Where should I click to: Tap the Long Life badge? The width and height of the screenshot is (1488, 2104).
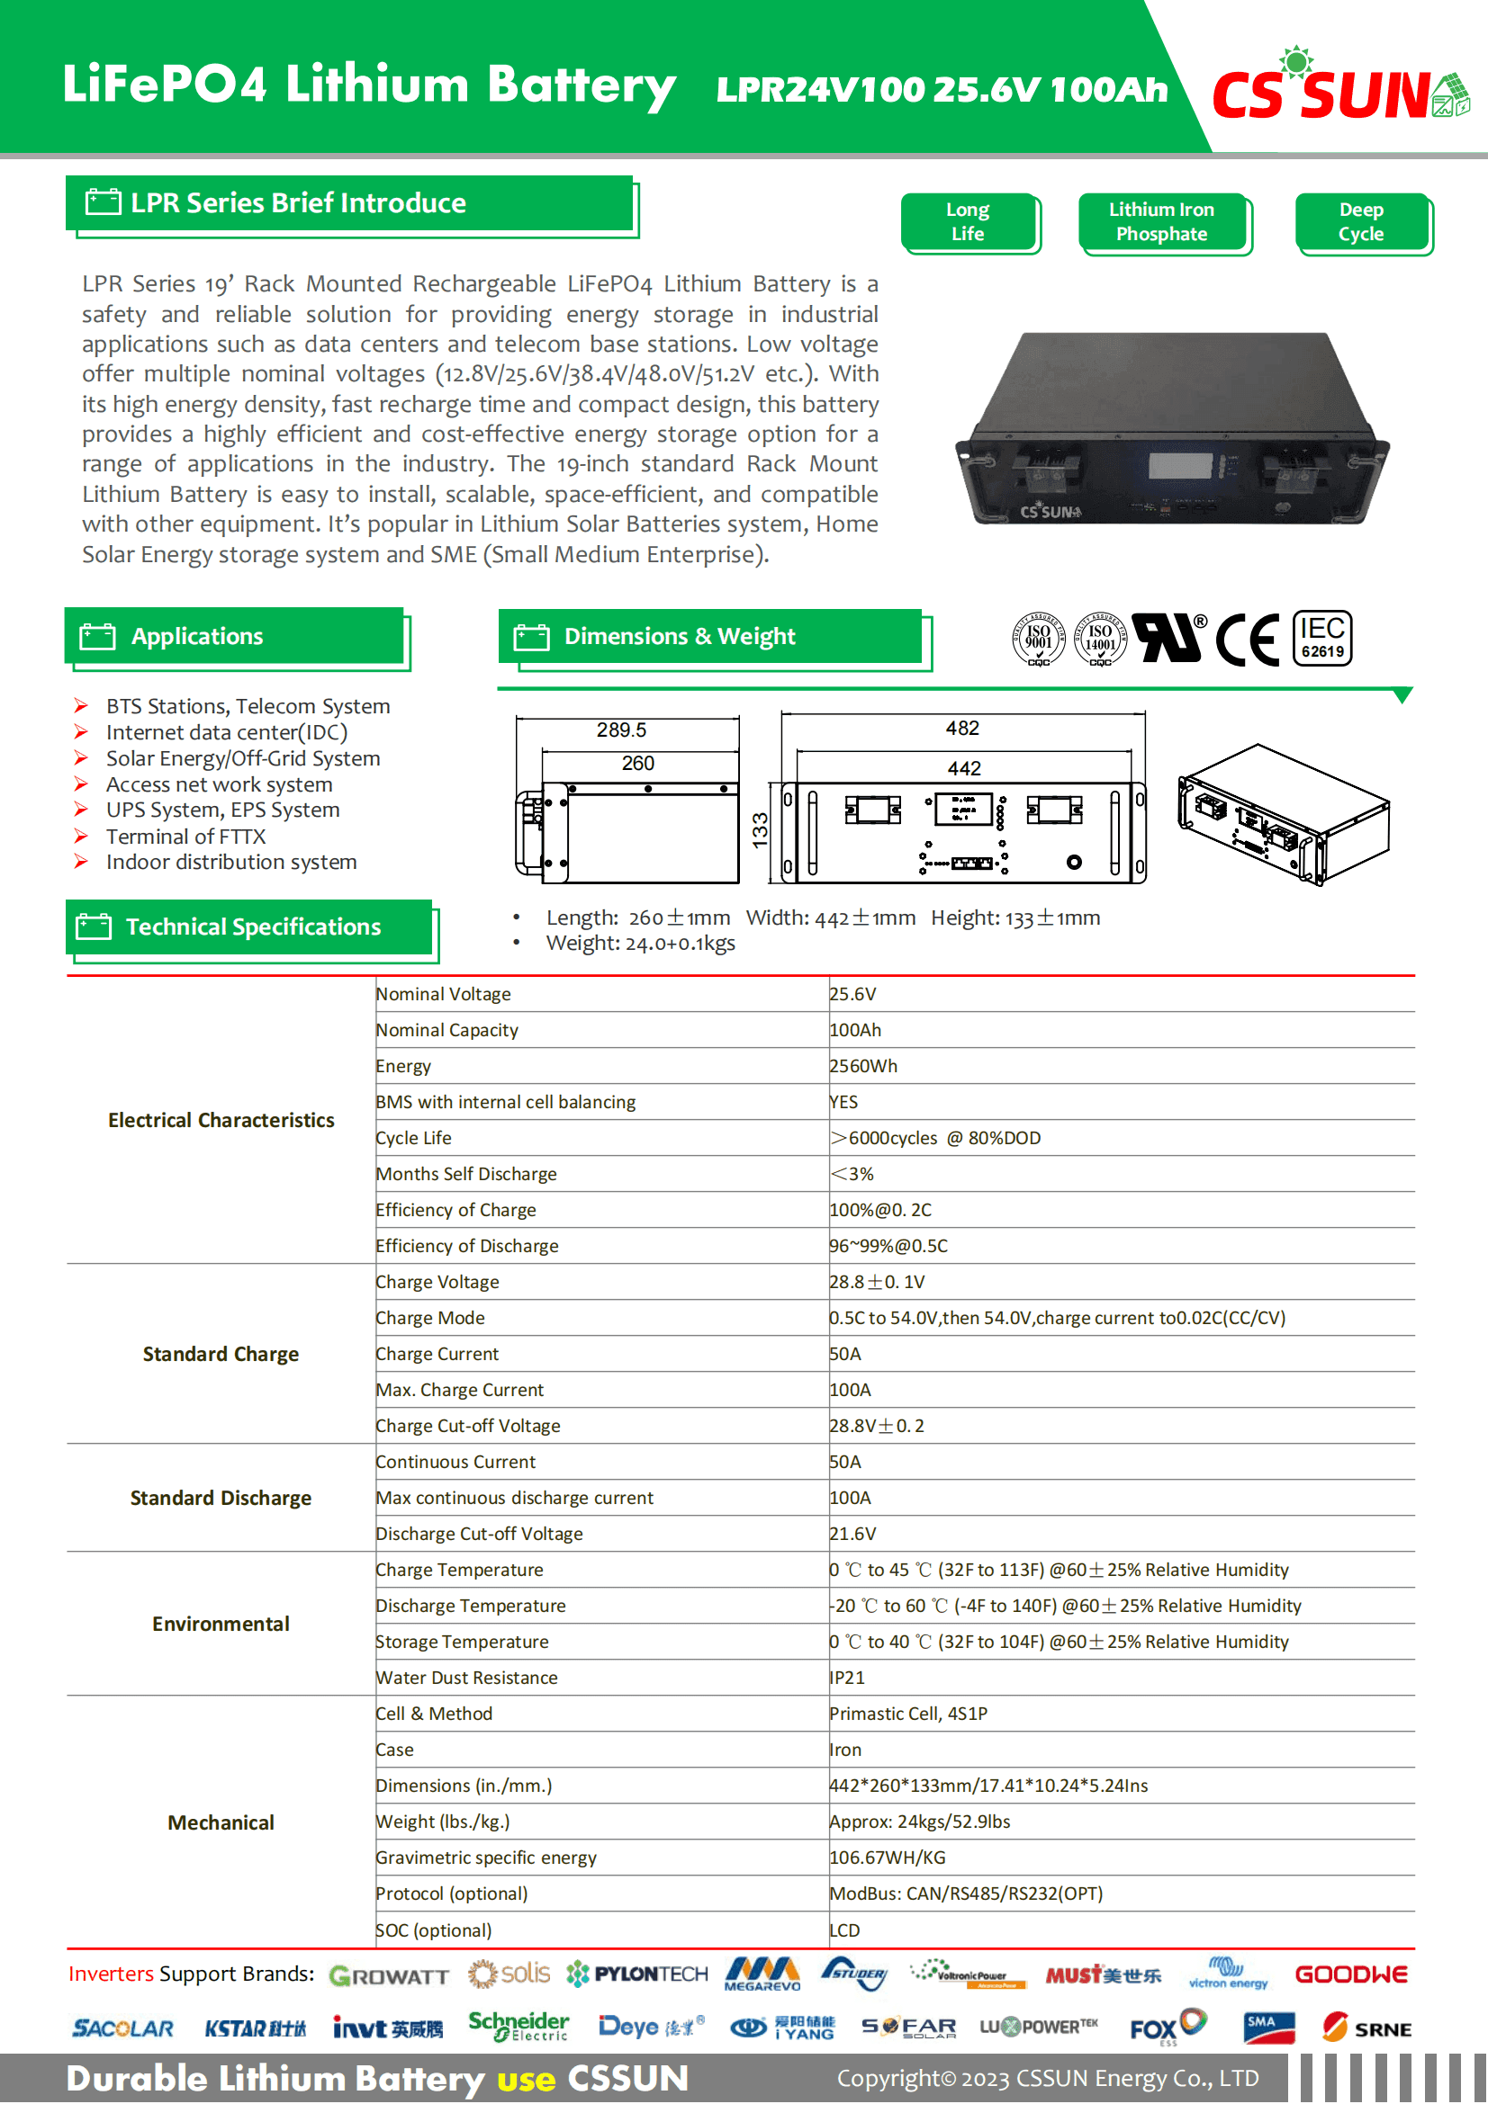click(x=969, y=222)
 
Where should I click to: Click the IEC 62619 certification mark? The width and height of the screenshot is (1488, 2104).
click(x=1322, y=638)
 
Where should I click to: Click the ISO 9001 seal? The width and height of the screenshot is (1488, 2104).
click(x=1038, y=638)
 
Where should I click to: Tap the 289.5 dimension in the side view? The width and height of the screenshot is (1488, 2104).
click(x=621, y=730)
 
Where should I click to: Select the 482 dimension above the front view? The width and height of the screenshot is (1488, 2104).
click(x=962, y=729)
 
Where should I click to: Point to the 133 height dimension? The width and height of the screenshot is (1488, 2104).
click(x=760, y=831)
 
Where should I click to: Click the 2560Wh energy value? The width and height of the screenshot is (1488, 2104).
click(x=863, y=1067)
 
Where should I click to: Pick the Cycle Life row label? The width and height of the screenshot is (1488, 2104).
click(x=413, y=1139)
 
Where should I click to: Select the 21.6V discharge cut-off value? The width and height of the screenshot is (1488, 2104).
click(x=852, y=1535)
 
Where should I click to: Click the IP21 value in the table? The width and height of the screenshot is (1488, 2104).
click(x=847, y=1679)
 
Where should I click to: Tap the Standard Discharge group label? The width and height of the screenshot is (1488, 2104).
click(x=220, y=1500)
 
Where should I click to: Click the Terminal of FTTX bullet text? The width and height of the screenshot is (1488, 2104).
click(x=186, y=837)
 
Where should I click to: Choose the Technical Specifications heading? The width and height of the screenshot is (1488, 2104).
click(x=252, y=927)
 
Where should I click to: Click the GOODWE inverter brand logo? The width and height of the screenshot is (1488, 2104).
click(x=1350, y=1975)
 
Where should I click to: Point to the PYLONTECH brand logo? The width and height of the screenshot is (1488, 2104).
click(x=638, y=1975)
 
